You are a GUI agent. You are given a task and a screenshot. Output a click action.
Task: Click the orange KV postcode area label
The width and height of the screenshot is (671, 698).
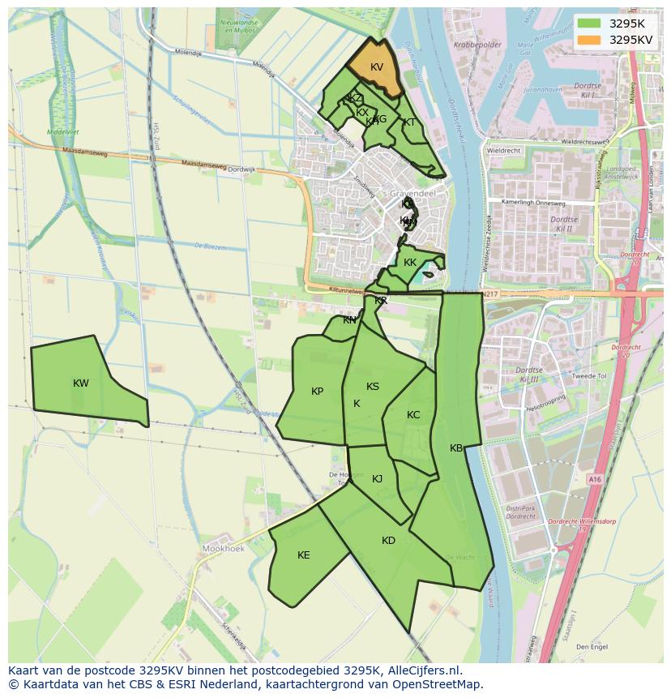click(376, 67)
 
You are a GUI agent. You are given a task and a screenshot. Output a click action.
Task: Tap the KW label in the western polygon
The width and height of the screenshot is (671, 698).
click(80, 383)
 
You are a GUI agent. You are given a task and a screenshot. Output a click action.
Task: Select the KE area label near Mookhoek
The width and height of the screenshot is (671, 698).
click(303, 555)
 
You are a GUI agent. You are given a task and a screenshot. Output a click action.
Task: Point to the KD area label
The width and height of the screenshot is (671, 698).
click(388, 541)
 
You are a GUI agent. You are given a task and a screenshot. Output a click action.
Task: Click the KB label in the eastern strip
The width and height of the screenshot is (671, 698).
click(456, 448)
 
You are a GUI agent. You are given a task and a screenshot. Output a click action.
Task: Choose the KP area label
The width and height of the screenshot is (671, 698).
click(317, 392)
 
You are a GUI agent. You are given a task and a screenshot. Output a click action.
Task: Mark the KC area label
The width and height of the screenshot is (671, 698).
click(413, 415)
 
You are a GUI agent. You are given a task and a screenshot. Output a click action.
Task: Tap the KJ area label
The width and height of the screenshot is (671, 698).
click(377, 479)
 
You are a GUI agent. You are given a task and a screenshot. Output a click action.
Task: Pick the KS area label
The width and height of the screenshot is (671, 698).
click(372, 387)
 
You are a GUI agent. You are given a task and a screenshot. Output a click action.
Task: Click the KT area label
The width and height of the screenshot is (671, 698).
click(409, 122)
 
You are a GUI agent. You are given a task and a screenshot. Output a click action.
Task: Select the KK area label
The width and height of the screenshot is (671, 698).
click(409, 263)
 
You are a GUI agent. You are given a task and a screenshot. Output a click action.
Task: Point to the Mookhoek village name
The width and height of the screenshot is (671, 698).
click(222, 549)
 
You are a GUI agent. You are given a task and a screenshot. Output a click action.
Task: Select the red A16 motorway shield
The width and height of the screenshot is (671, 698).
click(596, 480)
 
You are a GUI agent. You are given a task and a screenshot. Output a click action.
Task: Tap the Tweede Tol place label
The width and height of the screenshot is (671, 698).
click(589, 376)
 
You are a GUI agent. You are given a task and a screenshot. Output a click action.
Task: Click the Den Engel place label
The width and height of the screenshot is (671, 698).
click(592, 647)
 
